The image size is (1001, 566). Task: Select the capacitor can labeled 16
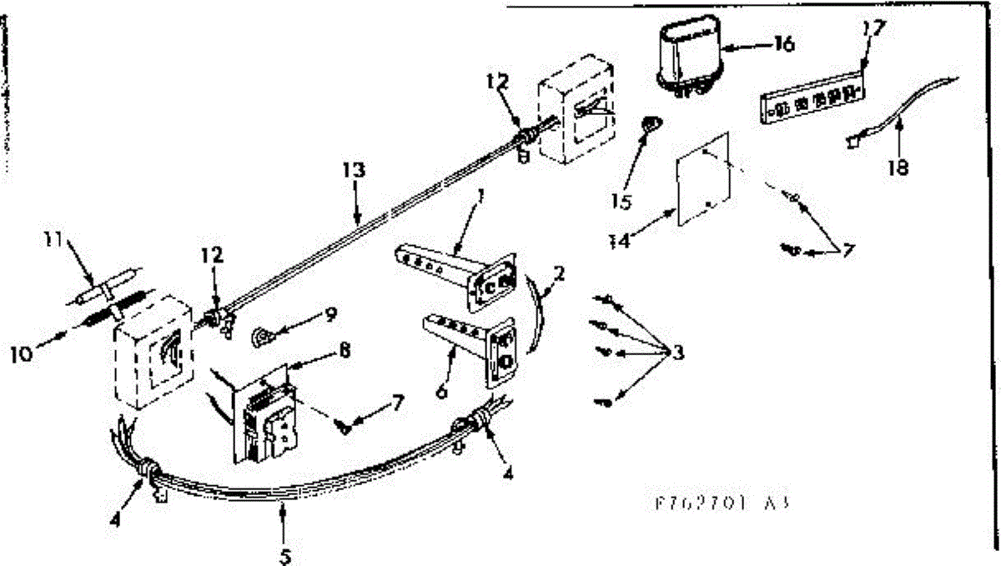(690, 56)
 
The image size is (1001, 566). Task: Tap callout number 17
(872, 28)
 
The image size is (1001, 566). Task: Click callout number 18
(898, 167)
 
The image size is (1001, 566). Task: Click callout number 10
(23, 353)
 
